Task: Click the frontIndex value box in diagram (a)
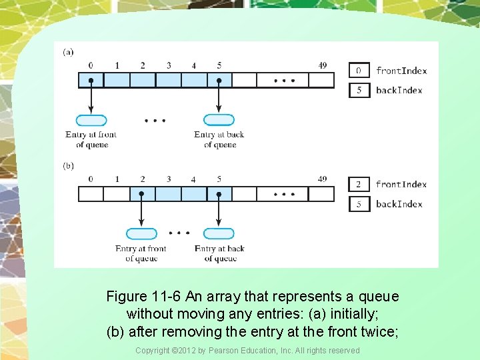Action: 359,71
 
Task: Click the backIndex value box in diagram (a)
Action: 359,90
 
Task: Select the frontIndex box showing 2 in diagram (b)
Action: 359,185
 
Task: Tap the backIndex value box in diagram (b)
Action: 359,204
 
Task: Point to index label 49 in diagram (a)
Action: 323,65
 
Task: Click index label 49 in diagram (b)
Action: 323,179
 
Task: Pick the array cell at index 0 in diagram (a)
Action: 91,80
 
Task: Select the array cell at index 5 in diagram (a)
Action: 219,80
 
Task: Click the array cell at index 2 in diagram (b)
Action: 142,194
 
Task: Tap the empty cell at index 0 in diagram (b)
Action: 91,194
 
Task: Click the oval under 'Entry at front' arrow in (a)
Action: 91,121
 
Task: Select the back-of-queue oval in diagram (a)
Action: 219,121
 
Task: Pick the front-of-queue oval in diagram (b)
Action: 141,234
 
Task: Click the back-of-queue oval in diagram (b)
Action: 219,234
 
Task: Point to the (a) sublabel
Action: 68,51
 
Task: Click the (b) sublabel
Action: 68,165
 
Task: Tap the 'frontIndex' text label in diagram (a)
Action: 401,71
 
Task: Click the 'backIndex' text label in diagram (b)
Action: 399,204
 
